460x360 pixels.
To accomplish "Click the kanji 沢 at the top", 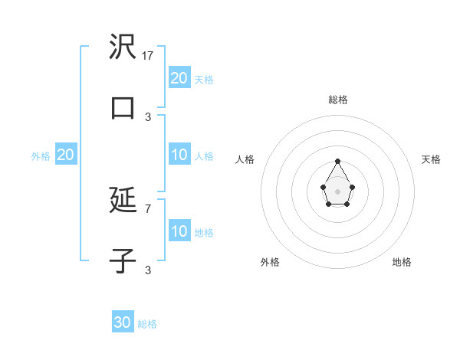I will pyautogui.click(x=123, y=47).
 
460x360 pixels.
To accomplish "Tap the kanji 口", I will pyautogui.click(x=123, y=107).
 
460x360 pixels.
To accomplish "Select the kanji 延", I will pyautogui.click(x=123, y=201).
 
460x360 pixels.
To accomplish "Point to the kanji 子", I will pyautogui.click(x=123, y=260).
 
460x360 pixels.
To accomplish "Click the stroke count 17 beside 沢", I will pyautogui.click(x=149, y=56).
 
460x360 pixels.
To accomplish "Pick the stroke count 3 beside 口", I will pyautogui.click(x=148, y=116).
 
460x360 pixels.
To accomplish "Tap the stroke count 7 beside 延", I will pyautogui.click(x=148, y=208).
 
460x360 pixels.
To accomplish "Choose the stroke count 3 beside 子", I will pyautogui.click(x=148, y=270).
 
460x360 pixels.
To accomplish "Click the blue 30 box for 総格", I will pyautogui.click(x=123, y=322).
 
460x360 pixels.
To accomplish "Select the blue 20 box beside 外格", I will pyautogui.click(x=66, y=155).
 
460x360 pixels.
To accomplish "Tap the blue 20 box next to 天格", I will pyautogui.click(x=179, y=77).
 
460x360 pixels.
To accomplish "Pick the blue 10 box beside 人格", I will pyautogui.click(x=179, y=155).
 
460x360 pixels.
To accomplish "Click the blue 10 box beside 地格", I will pyautogui.click(x=179, y=231).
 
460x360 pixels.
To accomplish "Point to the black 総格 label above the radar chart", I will pyautogui.click(x=337, y=100).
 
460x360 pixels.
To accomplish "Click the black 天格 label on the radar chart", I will pyautogui.click(x=431, y=159).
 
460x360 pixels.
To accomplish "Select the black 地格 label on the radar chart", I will pyautogui.click(x=402, y=262).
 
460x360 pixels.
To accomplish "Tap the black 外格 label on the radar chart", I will pyautogui.click(x=270, y=262).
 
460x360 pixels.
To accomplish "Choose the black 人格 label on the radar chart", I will pyautogui.click(x=245, y=159).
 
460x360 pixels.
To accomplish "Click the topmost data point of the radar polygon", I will pyautogui.click(x=337, y=161).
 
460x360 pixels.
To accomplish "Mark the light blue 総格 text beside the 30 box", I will pyautogui.click(x=147, y=324).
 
